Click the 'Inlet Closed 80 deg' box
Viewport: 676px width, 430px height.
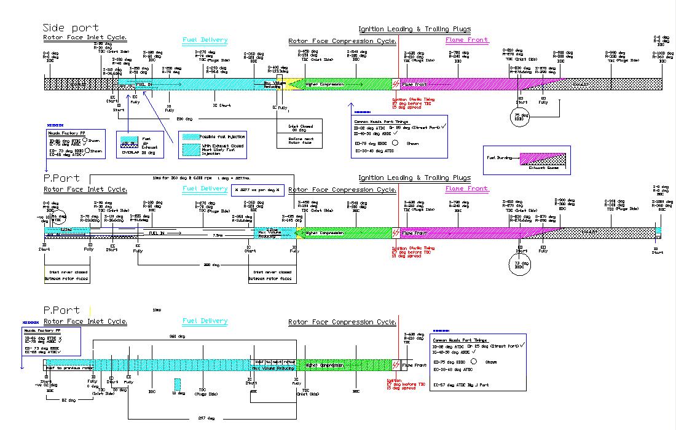301,128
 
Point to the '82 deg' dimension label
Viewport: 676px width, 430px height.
68,400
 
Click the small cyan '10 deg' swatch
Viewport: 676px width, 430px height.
178,385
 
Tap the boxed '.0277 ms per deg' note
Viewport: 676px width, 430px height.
257,190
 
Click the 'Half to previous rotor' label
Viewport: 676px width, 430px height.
69,367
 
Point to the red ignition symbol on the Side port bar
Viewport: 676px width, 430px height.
396,84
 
